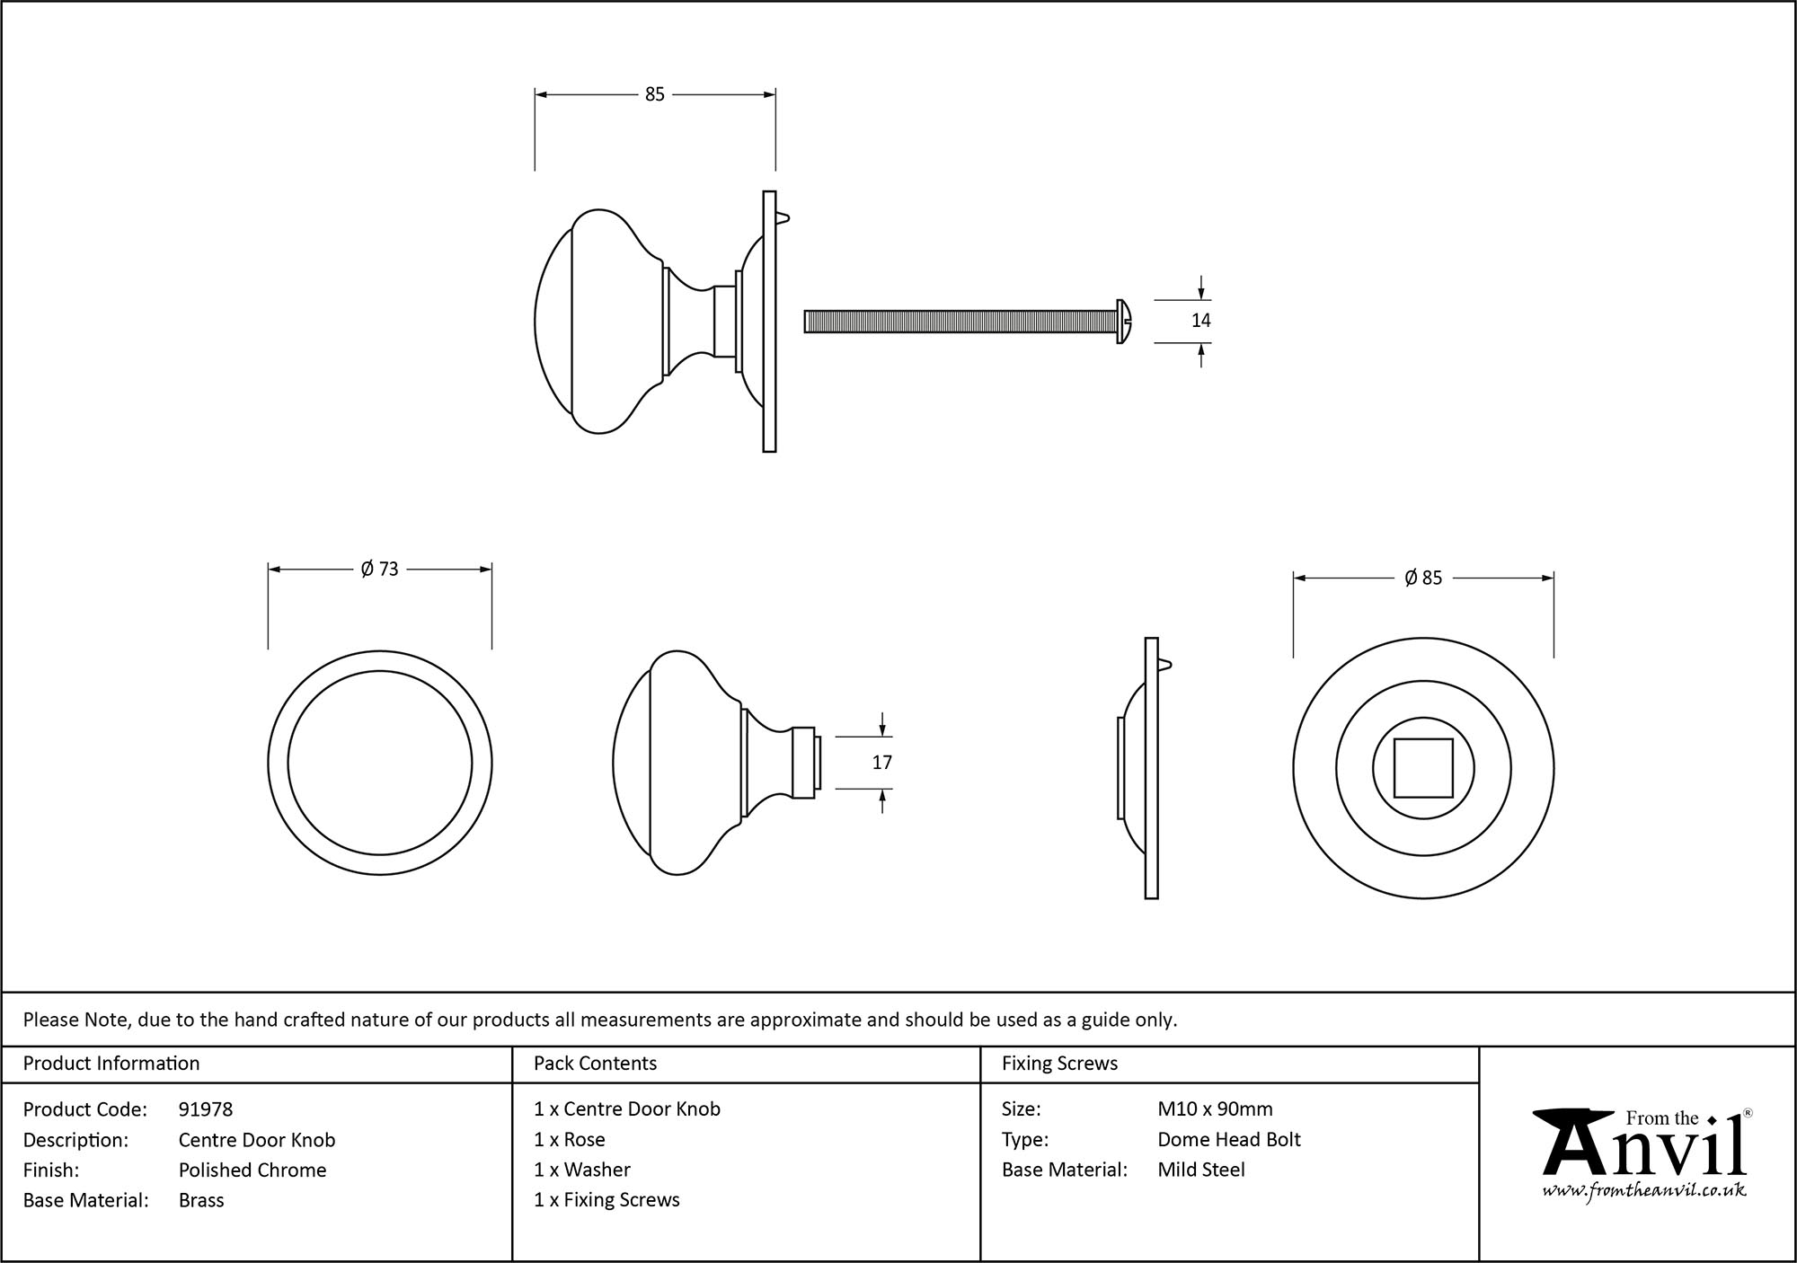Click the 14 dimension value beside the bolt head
pos(1200,321)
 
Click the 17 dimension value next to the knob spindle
pos(881,763)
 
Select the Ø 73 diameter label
pos(379,570)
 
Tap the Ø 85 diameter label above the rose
pos(1423,579)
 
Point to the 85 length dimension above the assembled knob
pos(654,94)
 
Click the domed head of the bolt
pos(1123,321)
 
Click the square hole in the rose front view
pos(1423,768)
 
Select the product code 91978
pos(206,1109)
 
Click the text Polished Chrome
pos(252,1170)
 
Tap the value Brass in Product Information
pos(201,1200)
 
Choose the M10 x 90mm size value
pos(1215,1109)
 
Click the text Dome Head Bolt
pos(1228,1140)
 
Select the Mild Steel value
pos(1201,1170)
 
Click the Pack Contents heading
pos(595,1064)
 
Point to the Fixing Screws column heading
pos(1059,1064)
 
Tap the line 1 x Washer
pos(582,1170)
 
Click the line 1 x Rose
pos(570,1140)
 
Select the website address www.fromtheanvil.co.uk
pos(1644,1191)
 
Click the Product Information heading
pos(111,1064)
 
